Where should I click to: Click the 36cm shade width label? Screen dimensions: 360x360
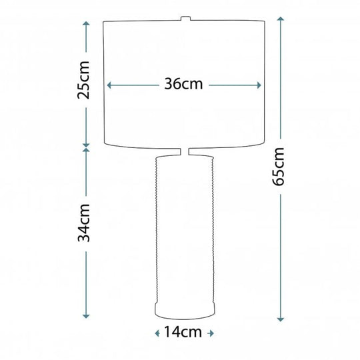[183, 84]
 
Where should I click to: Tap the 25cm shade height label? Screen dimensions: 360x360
[83, 80]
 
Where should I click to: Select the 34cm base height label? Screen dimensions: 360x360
[83, 223]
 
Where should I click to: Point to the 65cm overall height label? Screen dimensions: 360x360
[278, 167]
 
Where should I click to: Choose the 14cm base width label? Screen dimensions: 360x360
[183, 332]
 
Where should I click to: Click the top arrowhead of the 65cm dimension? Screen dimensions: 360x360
[281, 19]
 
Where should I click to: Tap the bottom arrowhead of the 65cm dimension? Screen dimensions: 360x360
[281, 319]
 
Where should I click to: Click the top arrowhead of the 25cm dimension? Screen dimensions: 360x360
[86, 23]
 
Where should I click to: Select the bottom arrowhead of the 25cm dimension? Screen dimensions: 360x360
[86, 145]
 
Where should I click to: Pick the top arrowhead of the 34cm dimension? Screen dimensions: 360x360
[86, 150]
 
